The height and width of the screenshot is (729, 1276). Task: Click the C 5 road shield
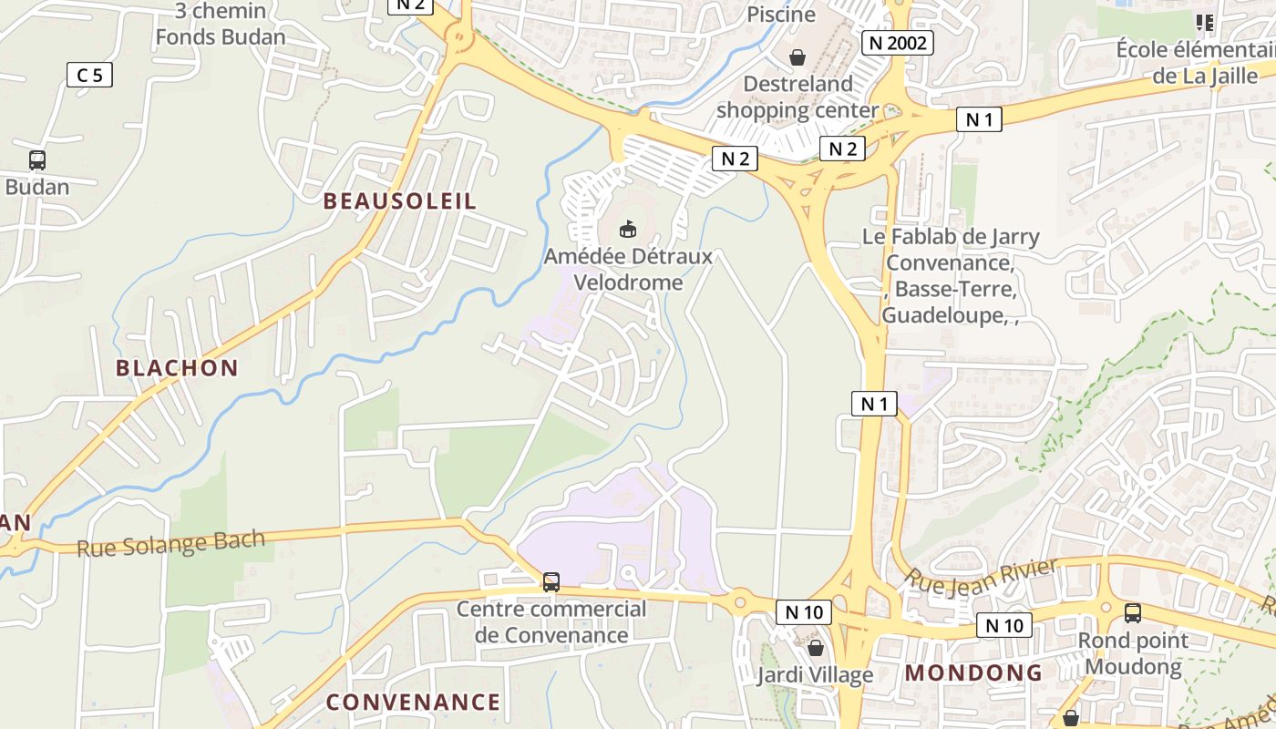click(x=89, y=75)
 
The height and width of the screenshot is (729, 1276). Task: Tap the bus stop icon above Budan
click(x=37, y=160)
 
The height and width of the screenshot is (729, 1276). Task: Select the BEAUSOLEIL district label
click(x=400, y=201)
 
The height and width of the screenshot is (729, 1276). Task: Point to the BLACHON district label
click(x=177, y=368)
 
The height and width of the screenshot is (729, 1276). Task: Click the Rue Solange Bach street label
click(x=171, y=543)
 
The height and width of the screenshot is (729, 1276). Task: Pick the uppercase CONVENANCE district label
click(x=413, y=702)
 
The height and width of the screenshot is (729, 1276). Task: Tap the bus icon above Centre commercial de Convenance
click(x=551, y=581)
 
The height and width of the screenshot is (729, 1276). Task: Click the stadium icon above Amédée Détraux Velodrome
click(x=627, y=229)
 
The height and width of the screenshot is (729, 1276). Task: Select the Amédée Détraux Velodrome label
click(x=628, y=269)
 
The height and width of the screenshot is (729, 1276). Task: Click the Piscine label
click(x=781, y=14)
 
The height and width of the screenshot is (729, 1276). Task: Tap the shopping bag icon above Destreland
click(x=797, y=57)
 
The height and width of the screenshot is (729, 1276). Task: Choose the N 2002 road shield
click(x=898, y=42)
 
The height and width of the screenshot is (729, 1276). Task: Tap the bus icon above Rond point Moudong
click(x=1133, y=613)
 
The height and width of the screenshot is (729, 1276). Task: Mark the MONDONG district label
click(x=973, y=673)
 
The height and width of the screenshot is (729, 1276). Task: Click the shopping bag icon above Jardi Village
click(x=816, y=648)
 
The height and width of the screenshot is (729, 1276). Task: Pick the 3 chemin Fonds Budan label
click(x=221, y=24)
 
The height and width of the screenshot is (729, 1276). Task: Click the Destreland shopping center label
click(x=797, y=97)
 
